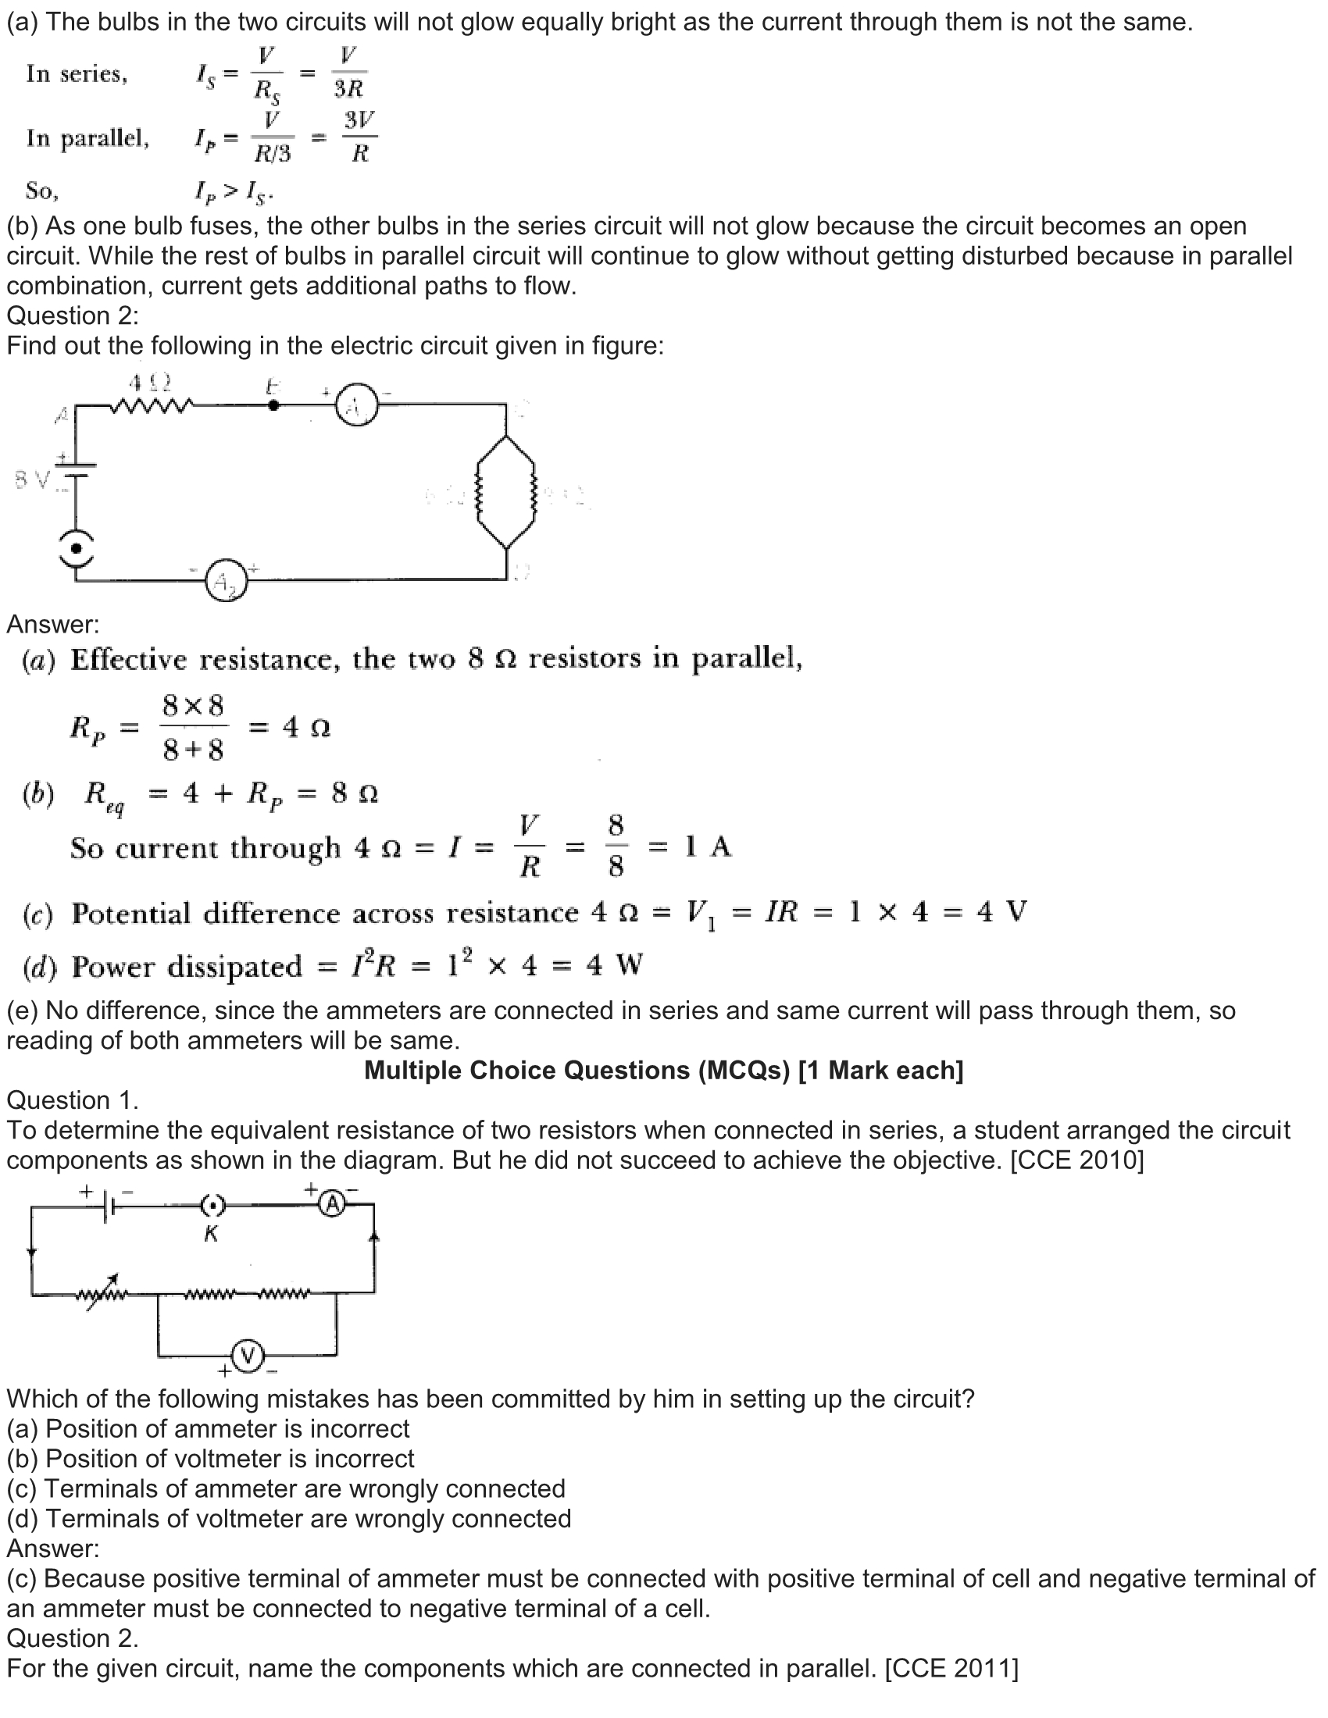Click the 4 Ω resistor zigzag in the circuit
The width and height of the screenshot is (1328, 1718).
point(152,406)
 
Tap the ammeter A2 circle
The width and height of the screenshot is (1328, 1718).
point(227,582)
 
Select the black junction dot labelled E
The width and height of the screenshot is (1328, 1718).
point(273,405)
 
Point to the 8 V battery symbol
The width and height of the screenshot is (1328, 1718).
point(76,469)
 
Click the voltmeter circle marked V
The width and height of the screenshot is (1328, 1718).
point(248,1356)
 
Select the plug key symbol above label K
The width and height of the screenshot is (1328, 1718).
point(212,1204)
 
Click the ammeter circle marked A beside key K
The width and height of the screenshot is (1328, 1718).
point(333,1203)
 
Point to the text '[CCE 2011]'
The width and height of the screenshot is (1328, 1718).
point(951,1669)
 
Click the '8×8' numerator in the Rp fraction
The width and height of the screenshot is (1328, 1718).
point(193,706)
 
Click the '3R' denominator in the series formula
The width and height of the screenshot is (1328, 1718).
point(348,88)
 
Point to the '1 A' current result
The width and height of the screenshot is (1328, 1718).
point(708,847)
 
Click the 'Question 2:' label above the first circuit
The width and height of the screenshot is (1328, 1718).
point(73,315)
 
